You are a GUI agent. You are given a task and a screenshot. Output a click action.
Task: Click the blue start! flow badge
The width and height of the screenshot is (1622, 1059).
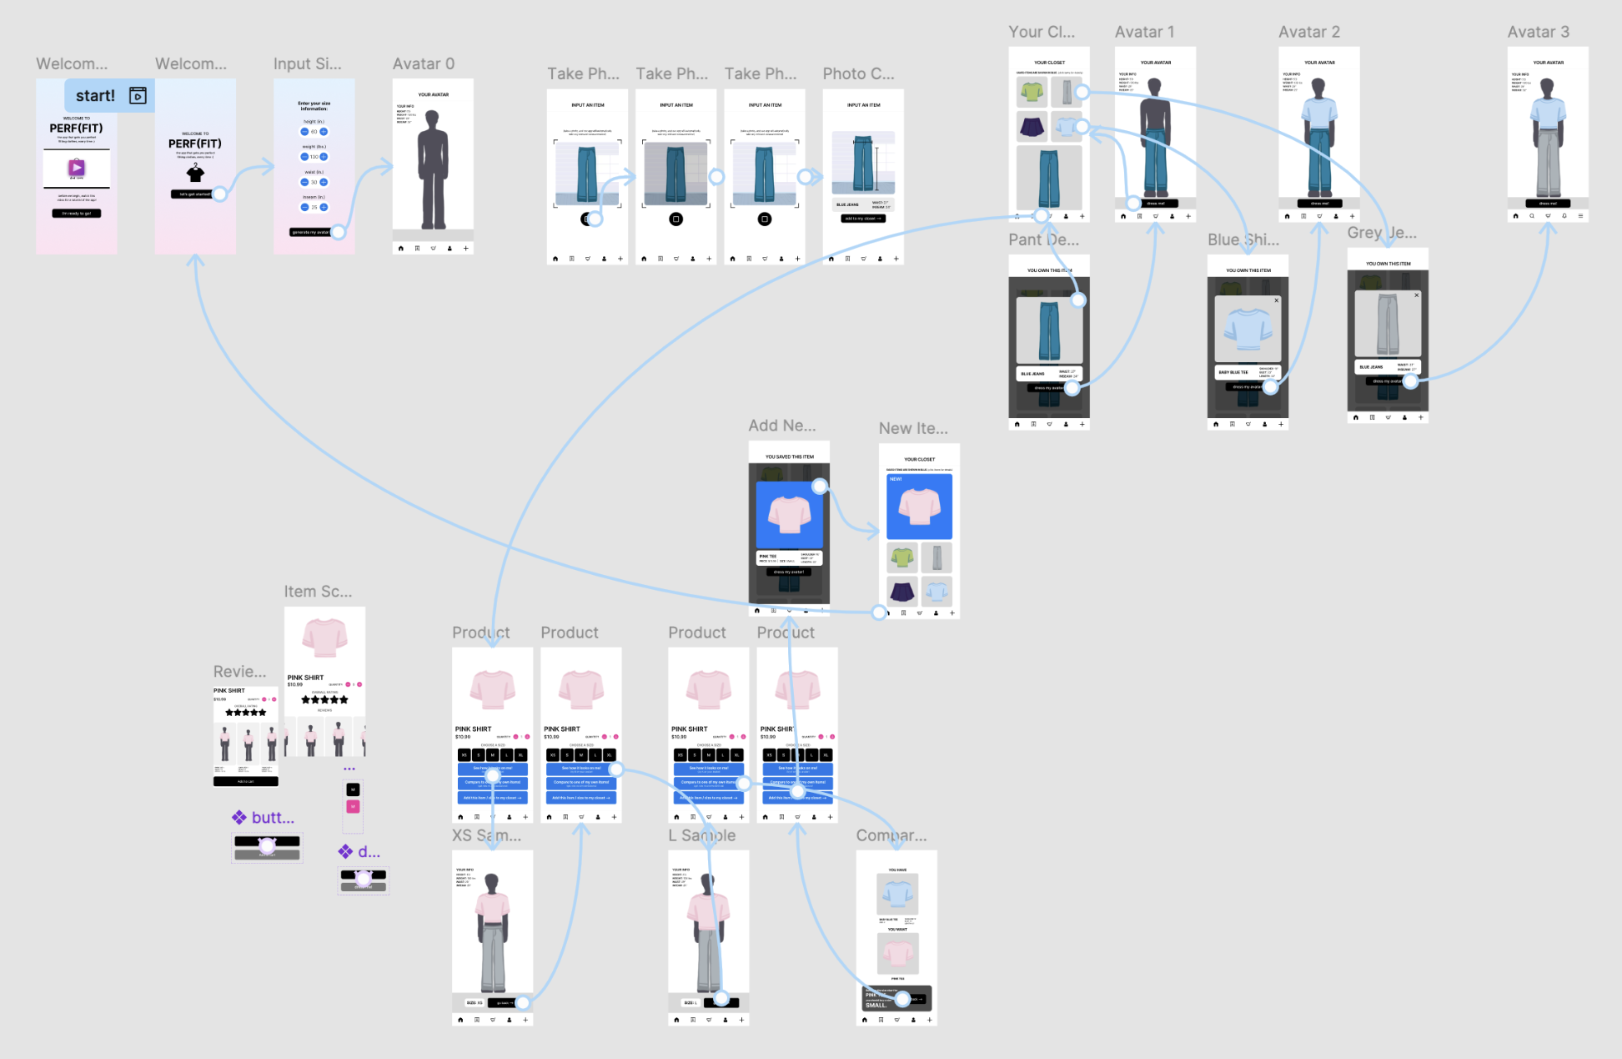109,96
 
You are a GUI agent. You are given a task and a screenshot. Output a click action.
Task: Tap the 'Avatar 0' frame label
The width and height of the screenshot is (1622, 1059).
424,64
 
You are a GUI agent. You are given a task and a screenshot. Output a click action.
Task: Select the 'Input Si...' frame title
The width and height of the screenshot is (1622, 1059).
307,64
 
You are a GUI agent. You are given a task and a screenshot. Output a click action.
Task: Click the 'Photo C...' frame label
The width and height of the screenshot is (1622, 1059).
858,74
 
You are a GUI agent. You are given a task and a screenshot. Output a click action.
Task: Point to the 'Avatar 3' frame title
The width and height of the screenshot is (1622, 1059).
1538,33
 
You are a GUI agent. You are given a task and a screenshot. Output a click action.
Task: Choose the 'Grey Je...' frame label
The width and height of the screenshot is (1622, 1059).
1381,233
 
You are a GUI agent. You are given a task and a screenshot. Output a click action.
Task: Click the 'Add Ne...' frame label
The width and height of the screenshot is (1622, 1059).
781,426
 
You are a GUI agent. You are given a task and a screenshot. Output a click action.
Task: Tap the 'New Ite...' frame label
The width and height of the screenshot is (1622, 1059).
913,429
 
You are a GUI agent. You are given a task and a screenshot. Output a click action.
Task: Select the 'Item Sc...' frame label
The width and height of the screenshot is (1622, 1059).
318,592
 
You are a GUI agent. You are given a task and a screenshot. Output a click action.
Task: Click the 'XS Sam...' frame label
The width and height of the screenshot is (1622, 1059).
486,835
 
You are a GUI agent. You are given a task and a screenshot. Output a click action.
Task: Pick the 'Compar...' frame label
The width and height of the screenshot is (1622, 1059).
891,835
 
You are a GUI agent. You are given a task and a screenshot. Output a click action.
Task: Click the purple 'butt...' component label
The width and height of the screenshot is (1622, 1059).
272,818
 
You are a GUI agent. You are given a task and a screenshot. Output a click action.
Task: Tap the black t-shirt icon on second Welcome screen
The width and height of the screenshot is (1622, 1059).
195,173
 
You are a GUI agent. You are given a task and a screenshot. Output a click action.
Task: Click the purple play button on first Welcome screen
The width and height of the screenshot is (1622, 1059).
77,168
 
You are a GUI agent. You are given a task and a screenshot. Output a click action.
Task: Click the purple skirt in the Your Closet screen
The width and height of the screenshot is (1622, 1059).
1032,127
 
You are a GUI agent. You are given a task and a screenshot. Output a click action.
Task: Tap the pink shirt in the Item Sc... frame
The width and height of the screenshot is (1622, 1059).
324,638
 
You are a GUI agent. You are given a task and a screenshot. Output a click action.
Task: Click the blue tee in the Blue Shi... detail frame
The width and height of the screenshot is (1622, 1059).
1248,329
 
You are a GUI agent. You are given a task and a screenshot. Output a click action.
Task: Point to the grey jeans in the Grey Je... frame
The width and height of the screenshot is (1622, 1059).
1388,324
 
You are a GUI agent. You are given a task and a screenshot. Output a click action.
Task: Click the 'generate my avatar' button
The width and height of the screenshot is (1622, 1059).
310,232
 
